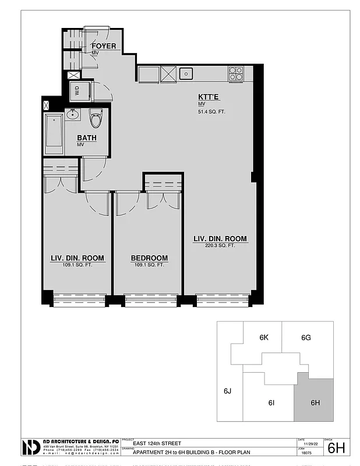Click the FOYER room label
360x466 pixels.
(104, 46)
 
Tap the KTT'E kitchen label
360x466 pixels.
(208, 97)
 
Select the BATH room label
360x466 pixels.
(86, 138)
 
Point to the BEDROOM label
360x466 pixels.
(149, 258)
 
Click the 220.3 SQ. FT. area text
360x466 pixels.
(220, 246)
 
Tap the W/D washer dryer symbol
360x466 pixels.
(77, 90)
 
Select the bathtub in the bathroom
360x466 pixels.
(55, 133)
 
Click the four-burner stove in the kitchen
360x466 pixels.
(236, 73)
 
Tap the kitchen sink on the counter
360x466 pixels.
(186, 73)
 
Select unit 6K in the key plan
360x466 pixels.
(263, 338)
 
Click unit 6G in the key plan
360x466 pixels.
(306, 338)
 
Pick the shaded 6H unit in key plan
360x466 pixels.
(315, 402)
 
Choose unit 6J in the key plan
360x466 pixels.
(228, 391)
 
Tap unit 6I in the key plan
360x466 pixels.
(271, 403)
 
